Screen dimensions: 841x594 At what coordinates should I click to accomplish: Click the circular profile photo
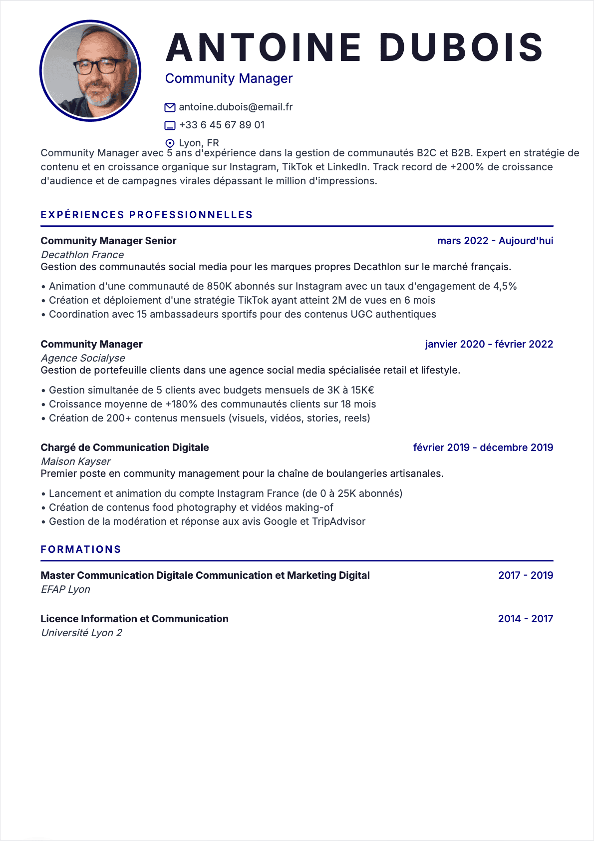point(90,70)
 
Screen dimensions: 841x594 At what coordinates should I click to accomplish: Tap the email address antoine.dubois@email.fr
point(236,107)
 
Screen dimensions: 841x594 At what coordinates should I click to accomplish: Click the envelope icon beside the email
point(170,107)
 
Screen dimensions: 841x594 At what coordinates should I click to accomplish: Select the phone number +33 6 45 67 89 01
point(222,125)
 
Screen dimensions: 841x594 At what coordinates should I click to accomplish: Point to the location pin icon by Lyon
point(170,143)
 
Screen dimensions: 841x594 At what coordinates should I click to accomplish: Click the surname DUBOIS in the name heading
point(461,47)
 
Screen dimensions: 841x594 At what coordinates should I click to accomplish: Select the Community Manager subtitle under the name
point(229,78)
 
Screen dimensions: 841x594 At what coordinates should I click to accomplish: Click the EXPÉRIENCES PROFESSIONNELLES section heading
point(147,215)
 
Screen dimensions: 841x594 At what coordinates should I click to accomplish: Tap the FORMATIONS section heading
point(81,549)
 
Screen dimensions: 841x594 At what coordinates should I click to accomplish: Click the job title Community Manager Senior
point(108,241)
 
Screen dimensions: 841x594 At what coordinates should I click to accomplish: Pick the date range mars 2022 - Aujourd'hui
point(495,241)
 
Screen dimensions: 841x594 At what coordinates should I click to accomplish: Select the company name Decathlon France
point(82,255)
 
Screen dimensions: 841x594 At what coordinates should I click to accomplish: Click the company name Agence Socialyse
point(83,358)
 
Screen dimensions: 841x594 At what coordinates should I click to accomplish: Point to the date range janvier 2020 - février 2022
point(489,344)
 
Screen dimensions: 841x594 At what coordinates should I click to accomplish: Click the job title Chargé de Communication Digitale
point(125,447)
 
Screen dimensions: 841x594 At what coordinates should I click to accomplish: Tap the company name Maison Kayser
point(76,461)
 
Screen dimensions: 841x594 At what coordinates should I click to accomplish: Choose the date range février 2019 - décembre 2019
point(483,447)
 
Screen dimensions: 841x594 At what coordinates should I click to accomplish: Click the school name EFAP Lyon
point(65,589)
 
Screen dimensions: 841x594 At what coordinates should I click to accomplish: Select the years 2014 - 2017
point(526,619)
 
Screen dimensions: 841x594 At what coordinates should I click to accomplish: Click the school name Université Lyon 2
point(81,633)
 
